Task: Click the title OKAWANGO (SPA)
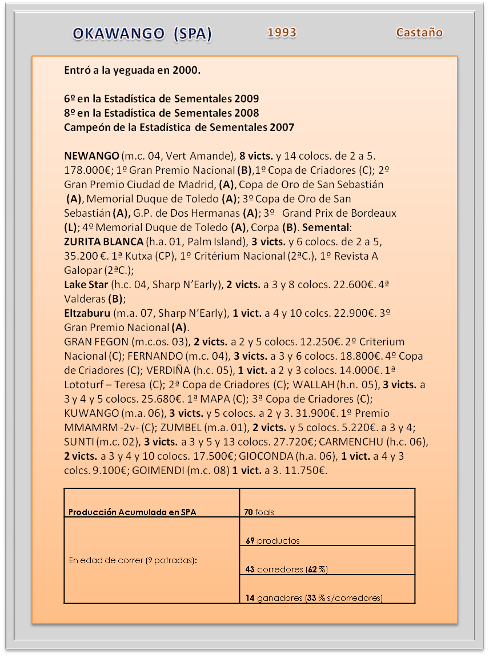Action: (142, 34)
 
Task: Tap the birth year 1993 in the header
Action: (282, 33)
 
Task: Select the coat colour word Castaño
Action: (419, 33)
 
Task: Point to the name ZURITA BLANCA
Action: (103, 241)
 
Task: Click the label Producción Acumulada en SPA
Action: (132, 512)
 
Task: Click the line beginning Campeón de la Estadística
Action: (179, 127)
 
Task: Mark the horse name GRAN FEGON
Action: (97, 341)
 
